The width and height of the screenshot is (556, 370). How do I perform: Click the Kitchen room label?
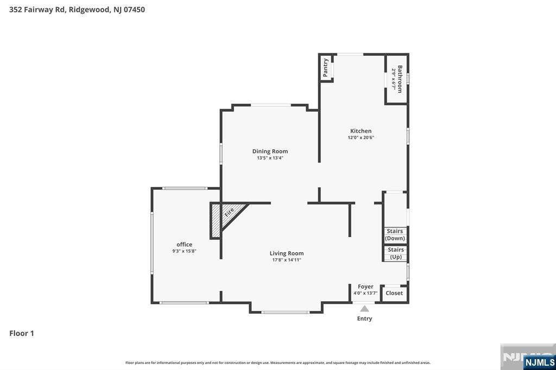pyautogui.click(x=361, y=131)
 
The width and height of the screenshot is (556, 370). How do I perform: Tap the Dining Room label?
pyautogui.click(x=270, y=151)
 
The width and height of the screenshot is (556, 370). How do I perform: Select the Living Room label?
pyautogui.click(x=287, y=253)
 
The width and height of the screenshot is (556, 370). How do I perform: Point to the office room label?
pyautogui.click(x=184, y=245)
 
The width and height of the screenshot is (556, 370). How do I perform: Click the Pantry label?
pyautogui.click(x=326, y=67)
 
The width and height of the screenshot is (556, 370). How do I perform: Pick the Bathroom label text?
pyautogui.click(x=400, y=79)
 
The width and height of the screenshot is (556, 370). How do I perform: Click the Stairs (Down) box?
pyautogui.click(x=395, y=235)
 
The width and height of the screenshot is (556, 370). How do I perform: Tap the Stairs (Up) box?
pyautogui.click(x=396, y=253)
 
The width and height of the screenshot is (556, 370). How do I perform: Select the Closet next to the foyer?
pyautogui.click(x=394, y=293)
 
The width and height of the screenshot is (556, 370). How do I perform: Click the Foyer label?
pyautogui.click(x=365, y=286)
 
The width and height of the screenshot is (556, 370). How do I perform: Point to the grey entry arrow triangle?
pyautogui.click(x=365, y=309)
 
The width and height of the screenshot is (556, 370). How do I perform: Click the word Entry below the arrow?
pyautogui.click(x=364, y=318)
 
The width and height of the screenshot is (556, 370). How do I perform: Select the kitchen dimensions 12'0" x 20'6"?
pyautogui.click(x=361, y=138)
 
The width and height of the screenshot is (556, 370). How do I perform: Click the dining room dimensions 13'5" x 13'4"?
pyautogui.click(x=270, y=158)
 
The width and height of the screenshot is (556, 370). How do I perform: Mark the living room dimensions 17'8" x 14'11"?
pyautogui.click(x=287, y=260)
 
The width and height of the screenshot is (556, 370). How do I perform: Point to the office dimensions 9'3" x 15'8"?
pyautogui.click(x=184, y=251)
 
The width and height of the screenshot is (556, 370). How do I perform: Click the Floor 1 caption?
pyautogui.click(x=22, y=334)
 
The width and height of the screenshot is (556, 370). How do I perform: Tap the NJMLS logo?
pyautogui.click(x=539, y=362)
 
